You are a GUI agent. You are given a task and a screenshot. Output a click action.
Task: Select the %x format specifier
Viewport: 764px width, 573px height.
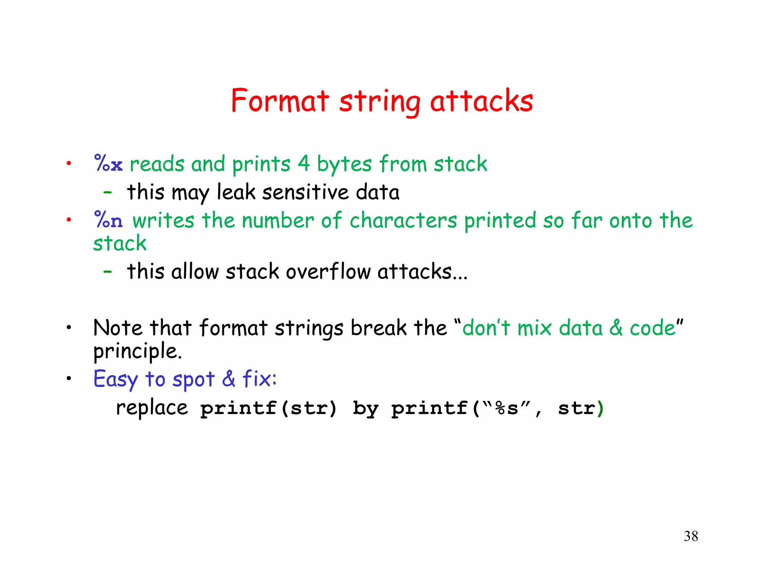coord(108,164)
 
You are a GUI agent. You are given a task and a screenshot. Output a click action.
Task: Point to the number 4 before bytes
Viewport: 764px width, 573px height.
coord(303,164)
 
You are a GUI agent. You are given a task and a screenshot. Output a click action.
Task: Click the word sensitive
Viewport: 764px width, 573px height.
coord(305,192)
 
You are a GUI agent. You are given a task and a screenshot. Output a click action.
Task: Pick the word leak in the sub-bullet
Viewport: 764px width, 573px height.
coord(236,192)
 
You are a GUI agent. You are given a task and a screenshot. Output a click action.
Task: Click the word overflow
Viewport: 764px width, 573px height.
coord(328,271)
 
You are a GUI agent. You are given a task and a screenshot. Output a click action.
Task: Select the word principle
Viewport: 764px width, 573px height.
coord(137,351)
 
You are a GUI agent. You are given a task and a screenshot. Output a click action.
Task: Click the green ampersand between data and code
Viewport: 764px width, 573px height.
coord(616,328)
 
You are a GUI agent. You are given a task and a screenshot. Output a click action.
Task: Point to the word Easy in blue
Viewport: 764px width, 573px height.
coord(116,380)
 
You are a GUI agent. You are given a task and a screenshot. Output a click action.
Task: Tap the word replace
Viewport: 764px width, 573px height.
coord(152,407)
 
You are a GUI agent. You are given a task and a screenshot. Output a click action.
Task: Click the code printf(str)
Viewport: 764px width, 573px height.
coord(269,408)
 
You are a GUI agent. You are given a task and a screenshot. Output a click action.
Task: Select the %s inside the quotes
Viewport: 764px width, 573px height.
coord(507,408)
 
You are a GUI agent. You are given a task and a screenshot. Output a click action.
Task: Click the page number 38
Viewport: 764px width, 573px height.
coord(691,536)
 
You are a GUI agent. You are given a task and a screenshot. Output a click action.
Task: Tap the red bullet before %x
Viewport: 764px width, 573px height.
coord(69,163)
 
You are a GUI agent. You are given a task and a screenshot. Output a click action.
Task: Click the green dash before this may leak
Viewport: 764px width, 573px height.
coord(107,193)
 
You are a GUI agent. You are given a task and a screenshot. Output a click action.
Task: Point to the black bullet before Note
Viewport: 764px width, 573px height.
coord(69,328)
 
